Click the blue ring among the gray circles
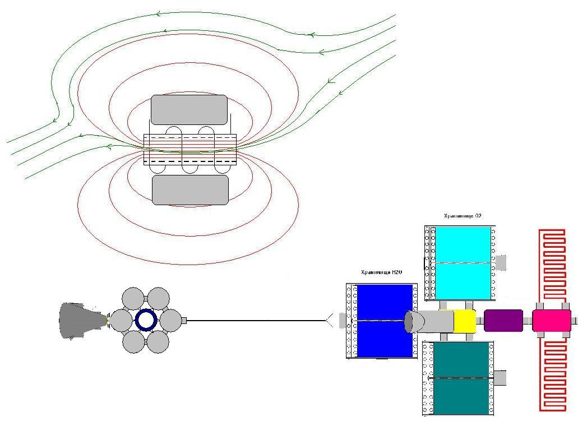tap(146, 321)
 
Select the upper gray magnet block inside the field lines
tap(189, 109)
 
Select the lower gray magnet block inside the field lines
tap(190, 190)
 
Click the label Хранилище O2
tap(463, 216)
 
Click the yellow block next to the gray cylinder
tap(465, 321)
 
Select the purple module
tap(503, 321)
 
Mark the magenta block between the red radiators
tap(551, 321)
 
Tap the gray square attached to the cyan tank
tap(501, 262)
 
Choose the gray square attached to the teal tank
tap(500, 378)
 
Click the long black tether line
tap(255, 321)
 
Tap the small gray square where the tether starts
tap(183, 321)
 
